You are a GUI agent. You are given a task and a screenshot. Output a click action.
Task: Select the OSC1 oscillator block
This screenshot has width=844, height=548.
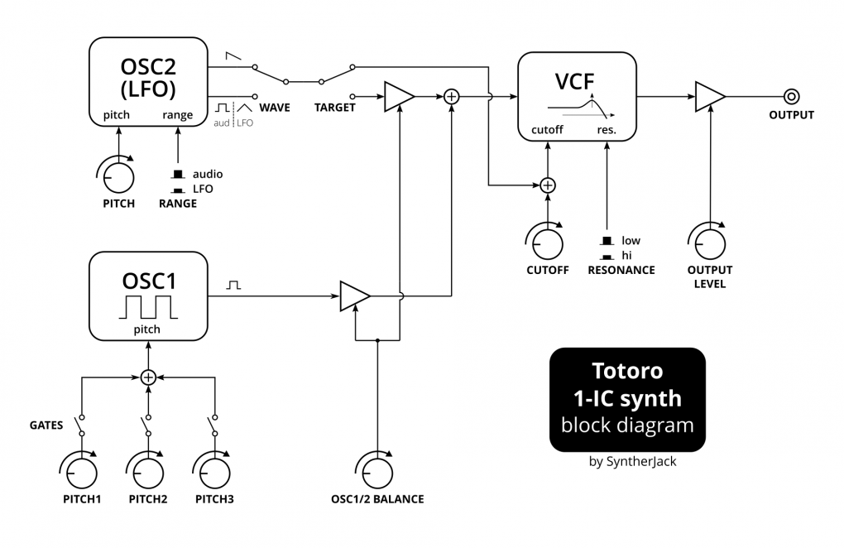pos(148,296)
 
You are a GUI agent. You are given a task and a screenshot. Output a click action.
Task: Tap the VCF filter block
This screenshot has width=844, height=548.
pos(577,95)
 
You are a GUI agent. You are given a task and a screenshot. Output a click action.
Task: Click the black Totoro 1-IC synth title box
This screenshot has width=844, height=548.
pos(626,399)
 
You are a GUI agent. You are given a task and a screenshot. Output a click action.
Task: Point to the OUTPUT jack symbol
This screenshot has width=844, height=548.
pos(791,96)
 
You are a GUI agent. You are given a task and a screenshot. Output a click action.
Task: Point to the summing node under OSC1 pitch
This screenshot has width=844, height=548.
pos(148,377)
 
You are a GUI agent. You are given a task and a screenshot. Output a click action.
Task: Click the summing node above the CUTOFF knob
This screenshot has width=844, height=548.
pos(547,185)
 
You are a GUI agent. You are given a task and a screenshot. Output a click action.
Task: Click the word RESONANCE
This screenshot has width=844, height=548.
pos(621,270)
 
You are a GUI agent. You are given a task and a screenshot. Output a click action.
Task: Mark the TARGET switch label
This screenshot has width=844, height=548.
pos(335,108)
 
